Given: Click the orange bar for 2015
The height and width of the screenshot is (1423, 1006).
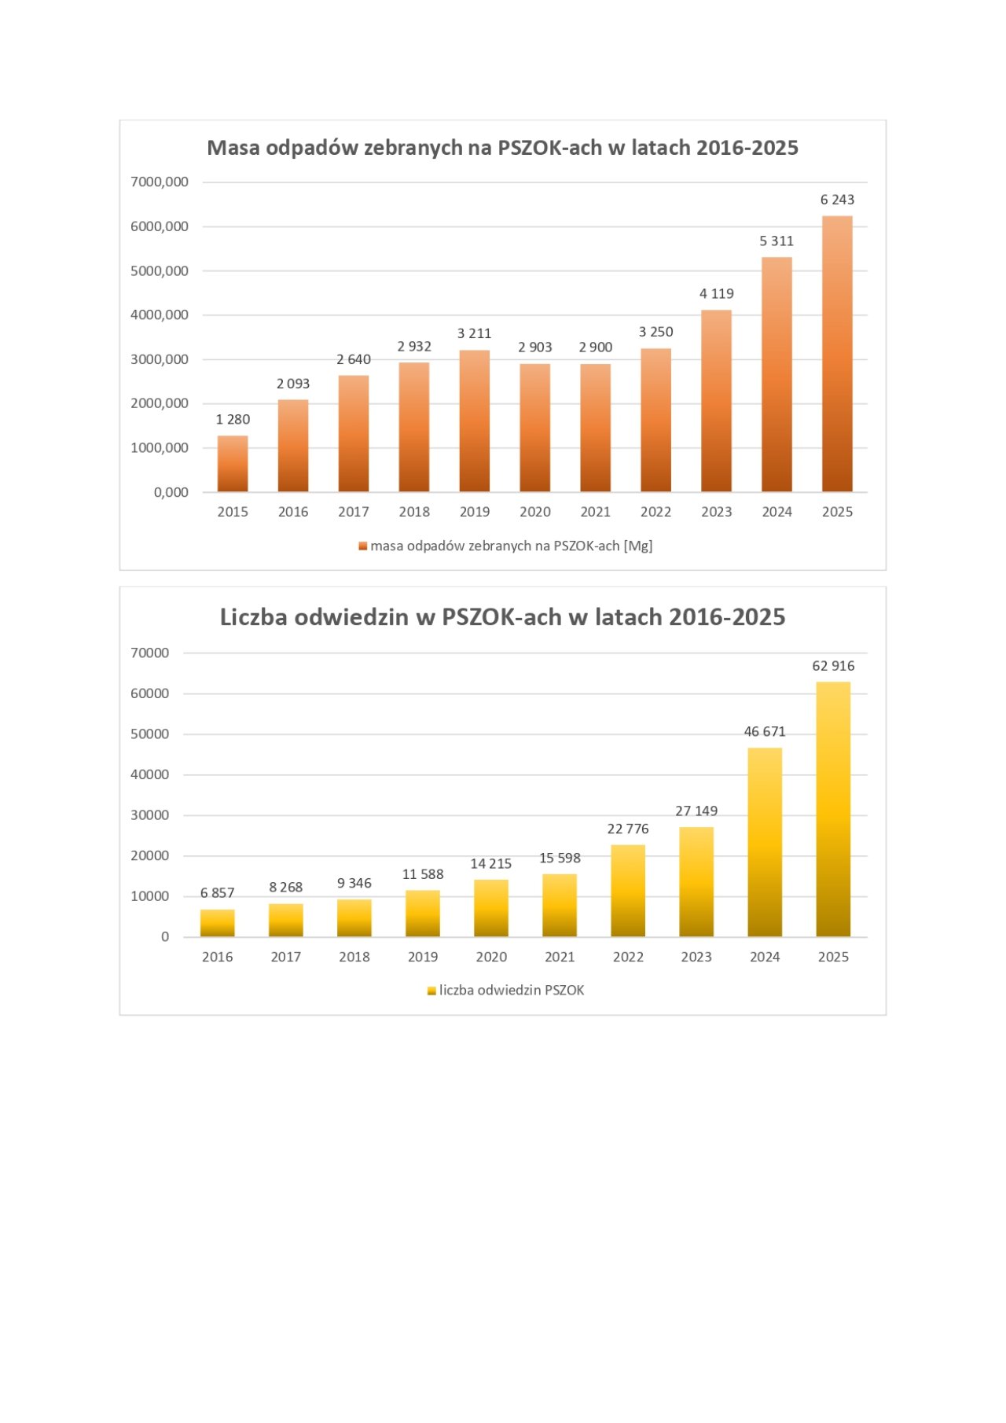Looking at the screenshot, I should point(233,464).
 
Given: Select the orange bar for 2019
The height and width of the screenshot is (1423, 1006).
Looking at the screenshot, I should point(475,421).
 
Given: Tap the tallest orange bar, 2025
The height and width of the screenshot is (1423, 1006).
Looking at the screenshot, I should point(837,354).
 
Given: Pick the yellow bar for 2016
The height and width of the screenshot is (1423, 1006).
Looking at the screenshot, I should point(218,923).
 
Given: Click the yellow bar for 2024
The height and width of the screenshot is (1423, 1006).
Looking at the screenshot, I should point(765,842).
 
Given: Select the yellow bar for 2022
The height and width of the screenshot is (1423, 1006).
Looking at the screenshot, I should point(628,891).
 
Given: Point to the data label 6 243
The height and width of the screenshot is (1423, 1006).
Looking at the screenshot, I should point(837,200).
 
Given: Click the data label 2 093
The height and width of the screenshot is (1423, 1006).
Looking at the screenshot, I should point(293,384).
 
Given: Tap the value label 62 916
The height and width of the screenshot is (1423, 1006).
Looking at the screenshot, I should point(833,666).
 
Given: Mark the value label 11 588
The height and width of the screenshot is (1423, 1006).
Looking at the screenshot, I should point(423,874).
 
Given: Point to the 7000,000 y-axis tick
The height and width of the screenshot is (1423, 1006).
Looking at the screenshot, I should point(160,182).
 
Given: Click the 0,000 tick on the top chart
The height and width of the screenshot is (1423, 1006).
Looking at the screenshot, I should point(171,492).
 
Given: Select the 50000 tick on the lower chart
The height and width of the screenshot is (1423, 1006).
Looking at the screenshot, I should point(149,734).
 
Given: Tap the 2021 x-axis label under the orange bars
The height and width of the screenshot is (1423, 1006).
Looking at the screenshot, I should point(596,512).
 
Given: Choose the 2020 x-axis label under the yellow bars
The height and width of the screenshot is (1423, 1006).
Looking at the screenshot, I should point(491,957).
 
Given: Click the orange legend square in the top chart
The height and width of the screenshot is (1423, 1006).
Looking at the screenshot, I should point(363,546).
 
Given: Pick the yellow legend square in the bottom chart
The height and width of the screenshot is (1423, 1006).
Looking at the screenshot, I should point(431,991).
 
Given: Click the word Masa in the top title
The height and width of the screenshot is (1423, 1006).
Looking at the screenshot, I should point(233,148).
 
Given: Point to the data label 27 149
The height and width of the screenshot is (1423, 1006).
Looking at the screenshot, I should point(696,811).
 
